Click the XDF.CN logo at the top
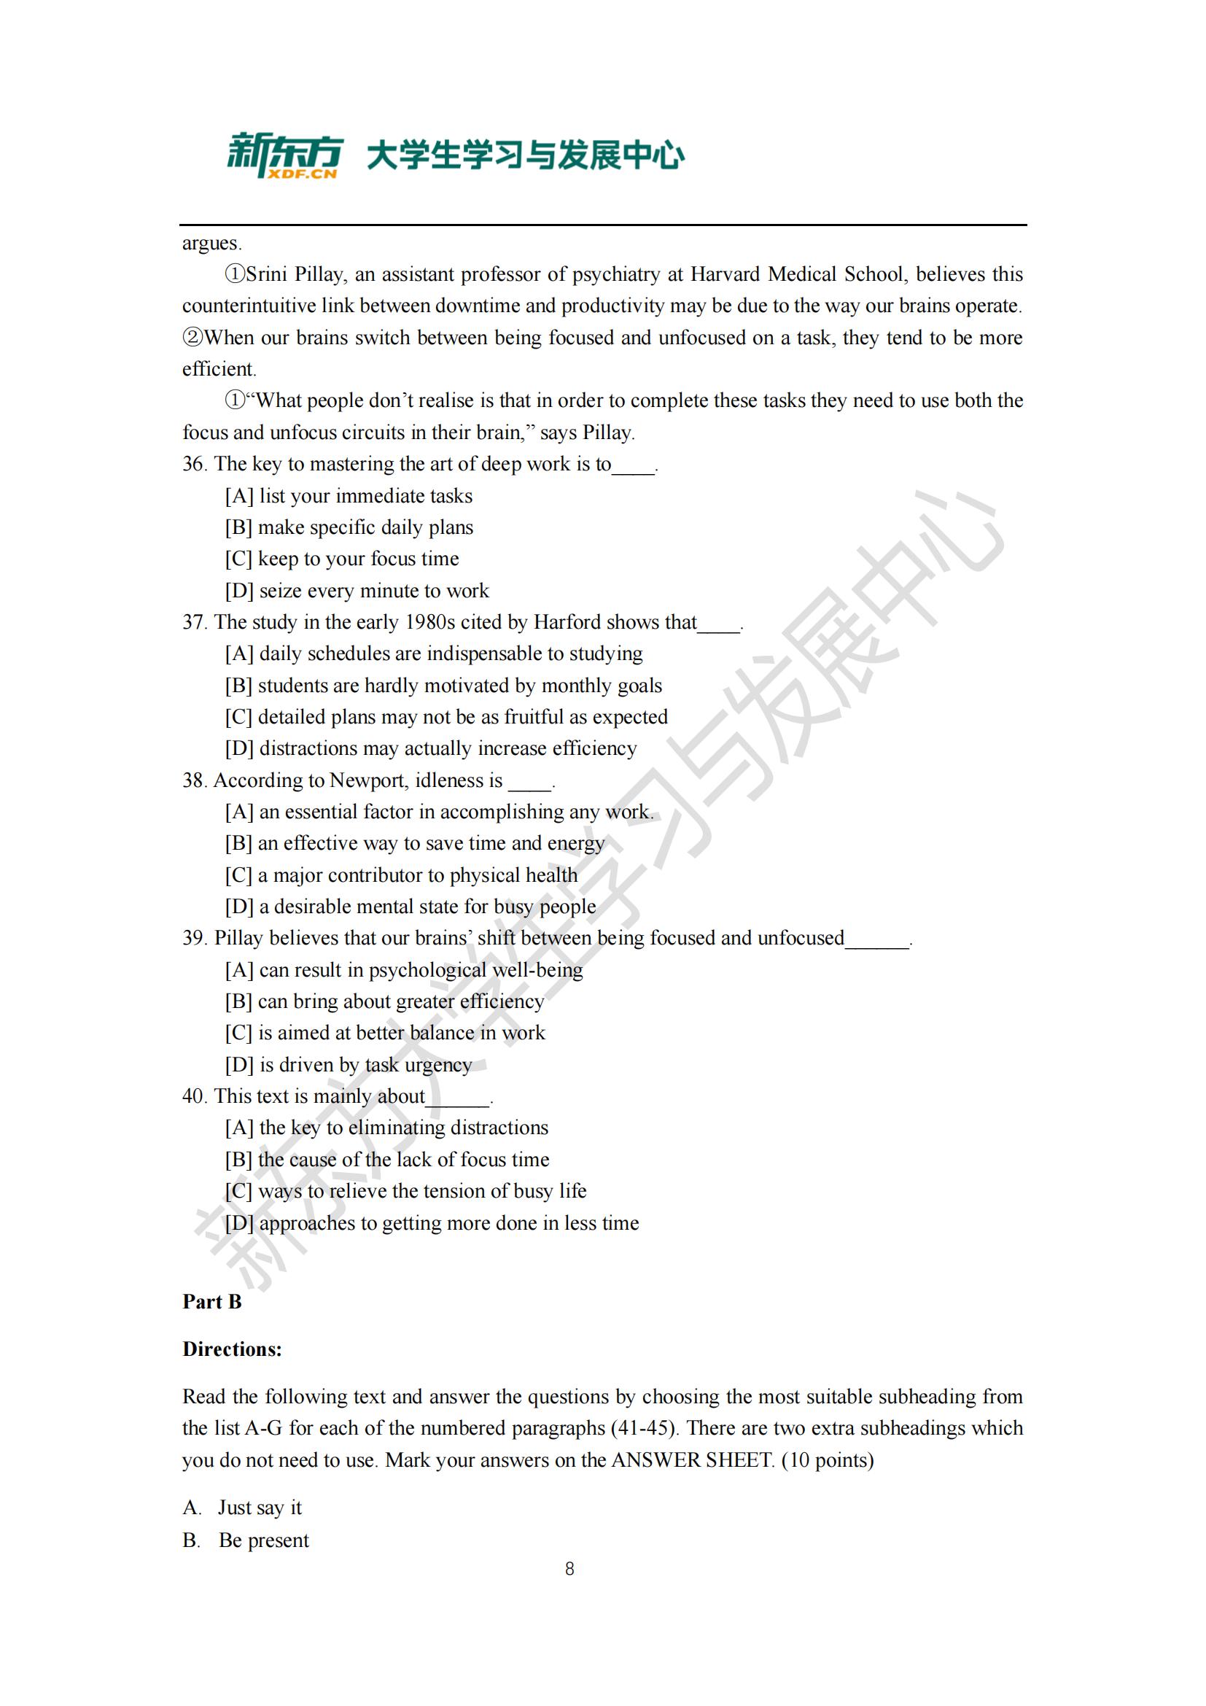click(284, 156)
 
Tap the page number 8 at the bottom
click(569, 1569)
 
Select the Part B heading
click(212, 1301)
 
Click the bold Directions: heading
click(233, 1349)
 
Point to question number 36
click(194, 464)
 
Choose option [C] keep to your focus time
click(343, 559)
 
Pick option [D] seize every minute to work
click(357, 591)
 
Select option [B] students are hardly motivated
click(443, 685)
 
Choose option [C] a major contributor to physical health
click(401, 875)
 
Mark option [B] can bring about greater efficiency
click(385, 1001)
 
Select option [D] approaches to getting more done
click(432, 1223)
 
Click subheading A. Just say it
click(243, 1507)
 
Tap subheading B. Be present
click(246, 1540)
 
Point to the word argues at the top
click(211, 243)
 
